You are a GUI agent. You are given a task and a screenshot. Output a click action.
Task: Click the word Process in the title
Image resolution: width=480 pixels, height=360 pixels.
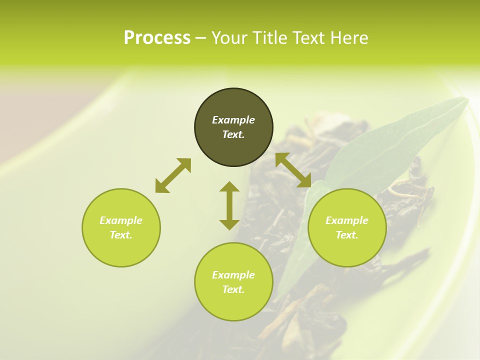coord(157,38)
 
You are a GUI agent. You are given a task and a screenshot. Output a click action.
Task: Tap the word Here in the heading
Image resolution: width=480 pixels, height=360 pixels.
coord(349,38)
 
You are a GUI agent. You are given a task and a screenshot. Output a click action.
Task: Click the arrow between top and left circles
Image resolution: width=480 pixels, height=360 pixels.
coord(173,175)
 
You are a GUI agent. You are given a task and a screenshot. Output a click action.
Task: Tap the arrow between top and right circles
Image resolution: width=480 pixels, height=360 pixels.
coord(293,170)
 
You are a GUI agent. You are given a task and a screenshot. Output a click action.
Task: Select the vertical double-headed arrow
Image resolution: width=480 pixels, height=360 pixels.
coord(229,205)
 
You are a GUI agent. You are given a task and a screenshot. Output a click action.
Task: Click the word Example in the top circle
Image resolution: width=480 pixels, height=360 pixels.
coord(233,120)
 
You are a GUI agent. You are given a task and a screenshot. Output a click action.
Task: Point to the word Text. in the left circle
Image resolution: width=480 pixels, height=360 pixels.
coord(121,235)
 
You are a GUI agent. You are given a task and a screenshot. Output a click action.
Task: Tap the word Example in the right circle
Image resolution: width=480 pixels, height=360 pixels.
coord(347,220)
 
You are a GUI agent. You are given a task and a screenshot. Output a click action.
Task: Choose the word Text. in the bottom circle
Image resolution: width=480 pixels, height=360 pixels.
coord(233,289)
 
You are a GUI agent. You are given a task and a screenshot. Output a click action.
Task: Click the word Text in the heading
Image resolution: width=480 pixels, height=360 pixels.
coord(310,38)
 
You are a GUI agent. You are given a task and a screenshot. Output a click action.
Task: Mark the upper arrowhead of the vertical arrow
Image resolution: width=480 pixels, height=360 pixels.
coord(229,187)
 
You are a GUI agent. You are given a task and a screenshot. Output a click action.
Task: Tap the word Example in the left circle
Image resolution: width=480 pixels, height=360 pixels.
coord(121,220)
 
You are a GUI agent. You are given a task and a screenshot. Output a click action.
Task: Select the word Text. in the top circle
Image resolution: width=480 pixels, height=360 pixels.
coord(233,134)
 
